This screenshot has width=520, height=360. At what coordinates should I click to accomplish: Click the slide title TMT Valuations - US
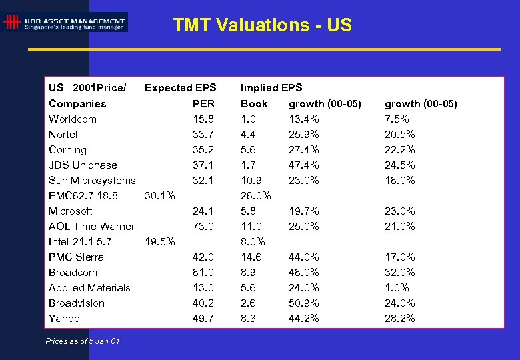pyautogui.click(x=262, y=25)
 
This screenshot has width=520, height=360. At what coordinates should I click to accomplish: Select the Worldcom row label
pyautogui.click(x=73, y=119)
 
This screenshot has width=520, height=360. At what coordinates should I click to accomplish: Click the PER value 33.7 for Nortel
pyautogui.click(x=203, y=135)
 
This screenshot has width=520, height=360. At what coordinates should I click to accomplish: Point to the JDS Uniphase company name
pyautogui.click(x=83, y=165)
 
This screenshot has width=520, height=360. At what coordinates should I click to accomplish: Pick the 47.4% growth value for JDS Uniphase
pyautogui.click(x=304, y=165)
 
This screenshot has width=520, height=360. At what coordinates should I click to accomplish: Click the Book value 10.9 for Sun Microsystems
pyautogui.click(x=251, y=181)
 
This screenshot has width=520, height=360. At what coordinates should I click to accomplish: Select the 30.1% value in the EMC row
pyautogui.click(x=160, y=196)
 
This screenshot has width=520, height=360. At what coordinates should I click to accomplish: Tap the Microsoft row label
pyautogui.click(x=71, y=211)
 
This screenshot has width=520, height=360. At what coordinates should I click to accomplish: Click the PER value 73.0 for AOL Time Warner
pyautogui.click(x=203, y=227)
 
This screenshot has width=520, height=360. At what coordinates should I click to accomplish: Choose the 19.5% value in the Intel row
pyautogui.click(x=160, y=242)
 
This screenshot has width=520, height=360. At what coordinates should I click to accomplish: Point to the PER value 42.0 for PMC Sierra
pyautogui.click(x=203, y=257)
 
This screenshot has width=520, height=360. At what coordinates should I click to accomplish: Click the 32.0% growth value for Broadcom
pyautogui.click(x=400, y=273)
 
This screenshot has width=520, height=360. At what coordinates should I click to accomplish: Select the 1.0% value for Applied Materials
pyautogui.click(x=397, y=288)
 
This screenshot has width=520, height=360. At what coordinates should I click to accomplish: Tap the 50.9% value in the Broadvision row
pyautogui.click(x=304, y=303)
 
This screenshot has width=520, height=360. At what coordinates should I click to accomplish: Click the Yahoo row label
pyautogui.click(x=64, y=319)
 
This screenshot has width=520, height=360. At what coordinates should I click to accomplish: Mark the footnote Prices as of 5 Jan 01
pyautogui.click(x=83, y=341)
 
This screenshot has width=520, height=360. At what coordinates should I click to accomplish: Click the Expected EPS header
pyautogui.click(x=181, y=88)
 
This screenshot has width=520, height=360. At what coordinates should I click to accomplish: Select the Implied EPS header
pyautogui.click(x=271, y=88)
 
